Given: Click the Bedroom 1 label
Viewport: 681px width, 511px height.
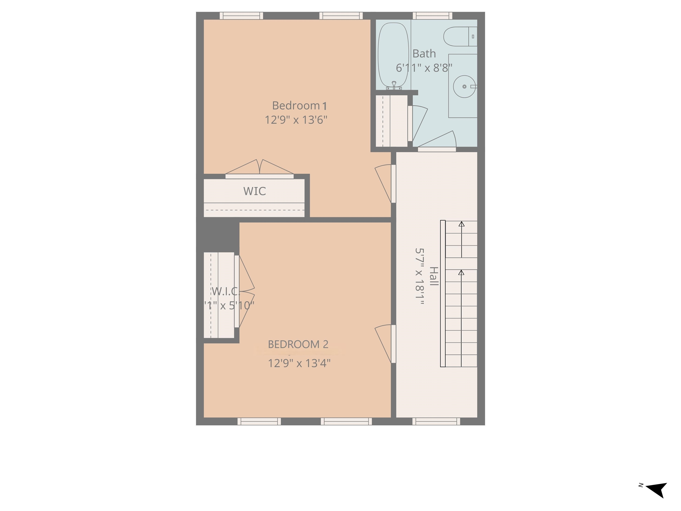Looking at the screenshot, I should click(x=299, y=106).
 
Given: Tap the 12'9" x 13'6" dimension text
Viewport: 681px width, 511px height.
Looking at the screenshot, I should click(x=296, y=120).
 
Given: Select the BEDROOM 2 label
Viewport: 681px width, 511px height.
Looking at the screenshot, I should click(x=298, y=344).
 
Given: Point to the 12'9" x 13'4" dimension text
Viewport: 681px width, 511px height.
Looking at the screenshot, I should click(x=299, y=364).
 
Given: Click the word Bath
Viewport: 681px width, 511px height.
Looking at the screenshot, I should click(x=424, y=54).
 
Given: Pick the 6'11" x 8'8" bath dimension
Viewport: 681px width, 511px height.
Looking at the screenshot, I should click(x=424, y=68).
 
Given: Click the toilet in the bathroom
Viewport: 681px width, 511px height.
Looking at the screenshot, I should click(x=460, y=37).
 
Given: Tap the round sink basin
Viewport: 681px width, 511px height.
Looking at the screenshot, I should click(x=464, y=86).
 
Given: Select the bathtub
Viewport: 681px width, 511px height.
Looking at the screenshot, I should click(x=393, y=55).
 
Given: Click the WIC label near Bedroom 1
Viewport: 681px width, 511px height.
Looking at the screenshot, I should click(x=254, y=191).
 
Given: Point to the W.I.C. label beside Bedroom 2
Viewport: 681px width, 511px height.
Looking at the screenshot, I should click(x=225, y=291).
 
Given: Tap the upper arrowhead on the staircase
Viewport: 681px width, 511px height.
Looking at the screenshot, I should click(x=461, y=224).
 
